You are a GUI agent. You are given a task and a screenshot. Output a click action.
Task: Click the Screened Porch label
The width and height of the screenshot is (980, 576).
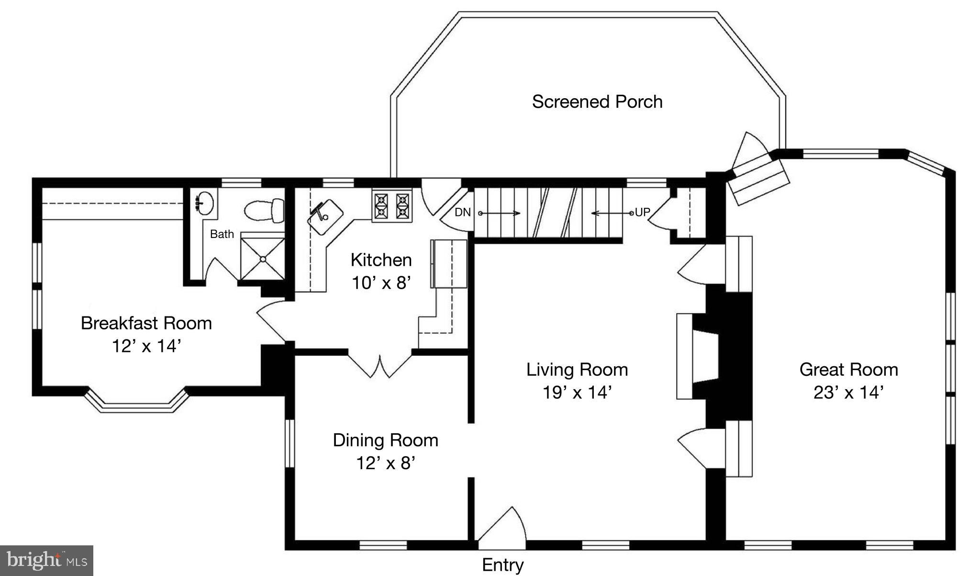pyautogui.click(x=597, y=102)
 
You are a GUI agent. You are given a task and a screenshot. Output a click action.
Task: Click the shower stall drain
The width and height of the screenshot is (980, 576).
pyautogui.click(x=263, y=259)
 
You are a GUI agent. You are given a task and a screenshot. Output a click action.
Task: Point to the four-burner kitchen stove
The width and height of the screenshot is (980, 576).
pyautogui.click(x=392, y=205)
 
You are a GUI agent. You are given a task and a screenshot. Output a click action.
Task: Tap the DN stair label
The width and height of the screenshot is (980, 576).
pyautogui.click(x=462, y=212)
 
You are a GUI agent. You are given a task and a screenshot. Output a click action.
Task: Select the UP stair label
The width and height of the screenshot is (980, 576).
pyautogui.click(x=642, y=212)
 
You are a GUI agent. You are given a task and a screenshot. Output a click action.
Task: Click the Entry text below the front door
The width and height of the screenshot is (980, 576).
pyautogui.click(x=502, y=565)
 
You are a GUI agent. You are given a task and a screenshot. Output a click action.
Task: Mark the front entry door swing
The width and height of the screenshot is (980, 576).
pyautogui.click(x=502, y=529)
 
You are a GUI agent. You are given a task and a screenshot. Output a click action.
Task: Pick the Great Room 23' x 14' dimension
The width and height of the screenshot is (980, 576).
pyautogui.click(x=848, y=393)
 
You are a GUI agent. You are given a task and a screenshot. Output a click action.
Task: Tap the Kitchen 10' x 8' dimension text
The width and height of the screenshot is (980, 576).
pyautogui.click(x=381, y=283)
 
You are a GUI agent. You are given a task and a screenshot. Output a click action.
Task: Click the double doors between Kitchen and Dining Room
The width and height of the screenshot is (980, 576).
pyautogui.click(x=380, y=366)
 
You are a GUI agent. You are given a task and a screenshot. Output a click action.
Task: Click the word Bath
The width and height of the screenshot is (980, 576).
pyautogui.click(x=222, y=234)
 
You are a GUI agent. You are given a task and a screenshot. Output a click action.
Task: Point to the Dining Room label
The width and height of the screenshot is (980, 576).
pyautogui.click(x=385, y=440)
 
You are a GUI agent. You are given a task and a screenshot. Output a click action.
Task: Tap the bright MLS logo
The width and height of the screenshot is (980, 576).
pyautogui.click(x=46, y=560)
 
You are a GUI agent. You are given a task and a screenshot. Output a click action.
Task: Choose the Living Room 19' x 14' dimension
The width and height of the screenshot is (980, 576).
pyautogui.click(x=577, y=393)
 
